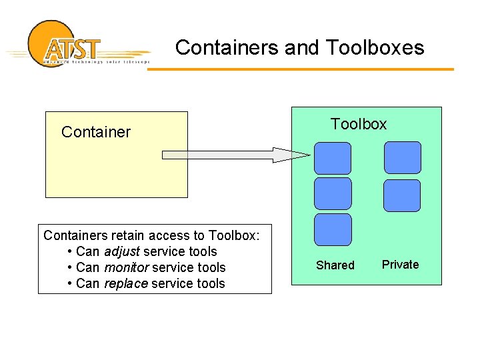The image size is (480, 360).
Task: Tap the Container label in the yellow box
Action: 96,132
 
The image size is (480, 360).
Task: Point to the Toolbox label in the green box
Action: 359,124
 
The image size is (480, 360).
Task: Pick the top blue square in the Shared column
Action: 333,158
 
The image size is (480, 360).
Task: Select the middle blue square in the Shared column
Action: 333,193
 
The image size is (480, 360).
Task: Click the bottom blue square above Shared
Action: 333,229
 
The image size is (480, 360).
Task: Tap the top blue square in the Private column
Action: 403,157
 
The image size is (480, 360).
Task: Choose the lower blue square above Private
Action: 403,195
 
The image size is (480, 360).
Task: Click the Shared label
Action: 335,265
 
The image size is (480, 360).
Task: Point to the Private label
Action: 400,265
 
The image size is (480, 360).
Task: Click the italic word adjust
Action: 121,252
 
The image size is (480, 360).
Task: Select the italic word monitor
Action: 127,268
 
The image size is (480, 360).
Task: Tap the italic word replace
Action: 126,284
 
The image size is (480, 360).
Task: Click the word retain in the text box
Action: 128,235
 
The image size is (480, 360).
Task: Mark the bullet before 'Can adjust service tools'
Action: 71,252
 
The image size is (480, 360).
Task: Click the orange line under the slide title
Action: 300,69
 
